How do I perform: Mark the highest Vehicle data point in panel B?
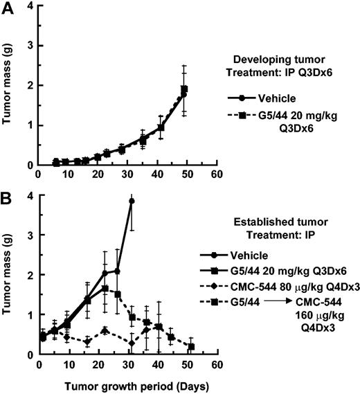pos(132,201)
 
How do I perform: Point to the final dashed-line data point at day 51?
pos(190,346)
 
